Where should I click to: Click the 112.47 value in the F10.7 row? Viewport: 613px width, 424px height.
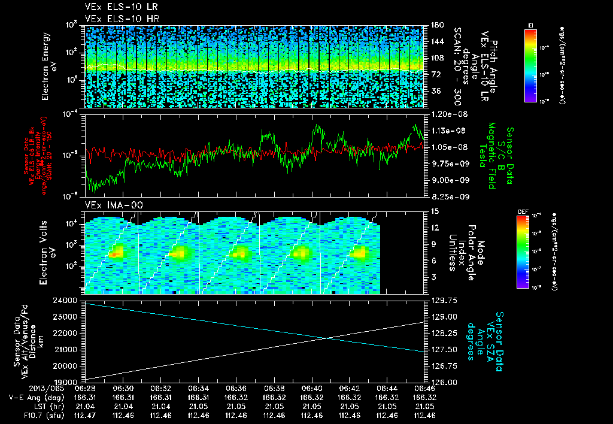pyautogui.click(x=85, y=414)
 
